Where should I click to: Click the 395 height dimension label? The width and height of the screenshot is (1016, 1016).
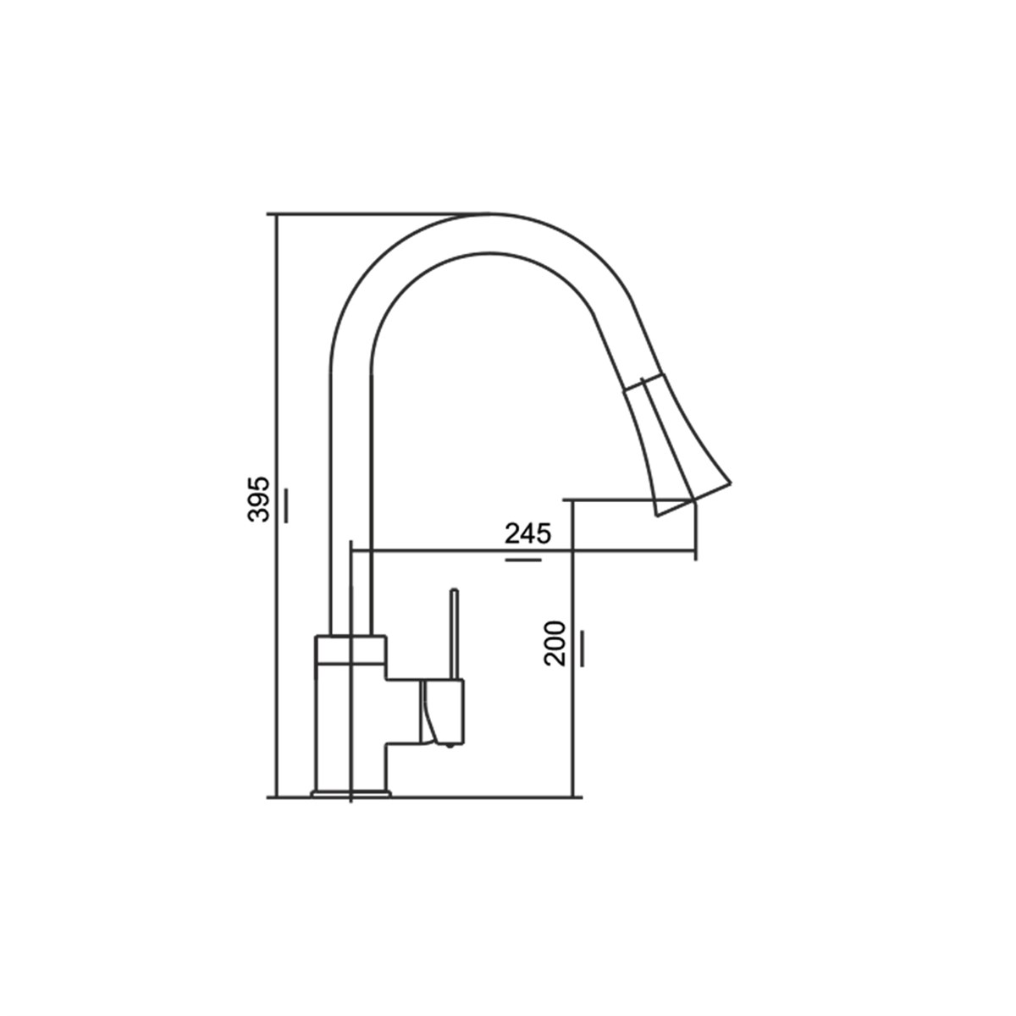pyautogui.click(x=258, y=499)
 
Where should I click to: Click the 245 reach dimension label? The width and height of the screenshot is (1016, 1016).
pyautogui.click(x=527, y=533)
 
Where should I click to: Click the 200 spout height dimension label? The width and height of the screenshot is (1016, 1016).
pyautogui.click(x=555, y=643)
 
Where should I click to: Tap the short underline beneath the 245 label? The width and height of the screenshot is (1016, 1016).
pyautogui.click(x=523, y=560)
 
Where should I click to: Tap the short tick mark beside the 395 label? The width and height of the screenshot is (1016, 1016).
pyautogui.click(x=286, y=505)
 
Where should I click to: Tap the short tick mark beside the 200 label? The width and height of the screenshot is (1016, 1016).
pyautogui.click(x=582, y=648)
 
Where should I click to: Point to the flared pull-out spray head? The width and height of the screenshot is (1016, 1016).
pyautogui.click(x=674, y=444)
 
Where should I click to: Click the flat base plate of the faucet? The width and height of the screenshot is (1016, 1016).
pyautogui.click(x=351, y=807)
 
